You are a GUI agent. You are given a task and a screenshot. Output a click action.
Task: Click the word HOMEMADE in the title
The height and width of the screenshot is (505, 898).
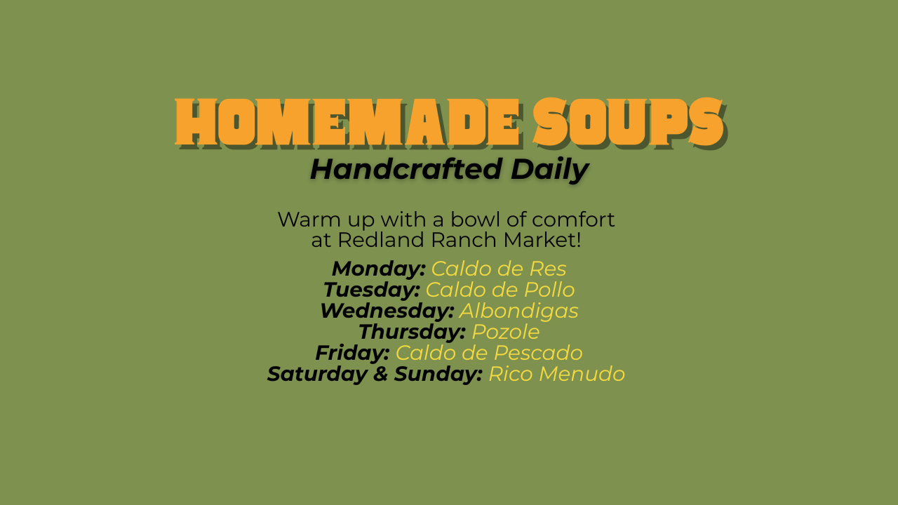[x=348, y=122]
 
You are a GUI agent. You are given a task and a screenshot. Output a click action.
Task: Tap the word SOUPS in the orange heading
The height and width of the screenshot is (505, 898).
[x=628, y=122]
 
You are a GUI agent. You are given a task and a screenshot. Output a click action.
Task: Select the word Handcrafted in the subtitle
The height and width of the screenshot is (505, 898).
[x=406, y=169]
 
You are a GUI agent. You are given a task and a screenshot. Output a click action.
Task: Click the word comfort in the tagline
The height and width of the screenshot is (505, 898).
[x=573, y=220]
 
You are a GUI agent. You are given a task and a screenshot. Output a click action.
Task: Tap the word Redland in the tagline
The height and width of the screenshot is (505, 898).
[x=381, y=240]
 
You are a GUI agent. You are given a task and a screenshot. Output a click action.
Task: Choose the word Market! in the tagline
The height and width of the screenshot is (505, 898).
[x=542, y=240]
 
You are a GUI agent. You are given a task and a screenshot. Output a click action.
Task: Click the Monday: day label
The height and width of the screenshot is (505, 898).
[x=378, y=269]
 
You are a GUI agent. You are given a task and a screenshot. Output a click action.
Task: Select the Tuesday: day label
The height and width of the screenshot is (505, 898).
[x=372, y=290]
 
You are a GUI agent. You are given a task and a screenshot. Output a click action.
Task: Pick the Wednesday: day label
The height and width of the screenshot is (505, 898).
[x=387, y=311]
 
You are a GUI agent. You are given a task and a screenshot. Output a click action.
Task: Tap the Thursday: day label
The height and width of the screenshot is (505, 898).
[x=412, y=332]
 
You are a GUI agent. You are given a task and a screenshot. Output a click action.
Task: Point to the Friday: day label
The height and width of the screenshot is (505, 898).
[x=352, y=353]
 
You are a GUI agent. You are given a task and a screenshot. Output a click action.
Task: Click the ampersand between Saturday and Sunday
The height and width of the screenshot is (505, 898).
[x=380, y=374]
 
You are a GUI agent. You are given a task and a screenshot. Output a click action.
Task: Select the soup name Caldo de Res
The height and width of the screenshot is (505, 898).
[x=499, y=269]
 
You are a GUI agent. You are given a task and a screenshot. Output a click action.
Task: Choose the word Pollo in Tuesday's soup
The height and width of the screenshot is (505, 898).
[x=549, y=290]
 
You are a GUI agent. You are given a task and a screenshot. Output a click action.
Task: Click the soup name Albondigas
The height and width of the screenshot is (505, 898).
[x=518, y=311]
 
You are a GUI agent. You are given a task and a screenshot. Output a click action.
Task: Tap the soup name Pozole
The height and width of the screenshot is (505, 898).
[x=506, y=332]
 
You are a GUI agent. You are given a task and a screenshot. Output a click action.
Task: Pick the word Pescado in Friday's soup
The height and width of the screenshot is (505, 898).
[x=538, y=353]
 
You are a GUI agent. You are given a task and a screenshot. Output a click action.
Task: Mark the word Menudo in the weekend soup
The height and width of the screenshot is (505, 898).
[x=582, y=374]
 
